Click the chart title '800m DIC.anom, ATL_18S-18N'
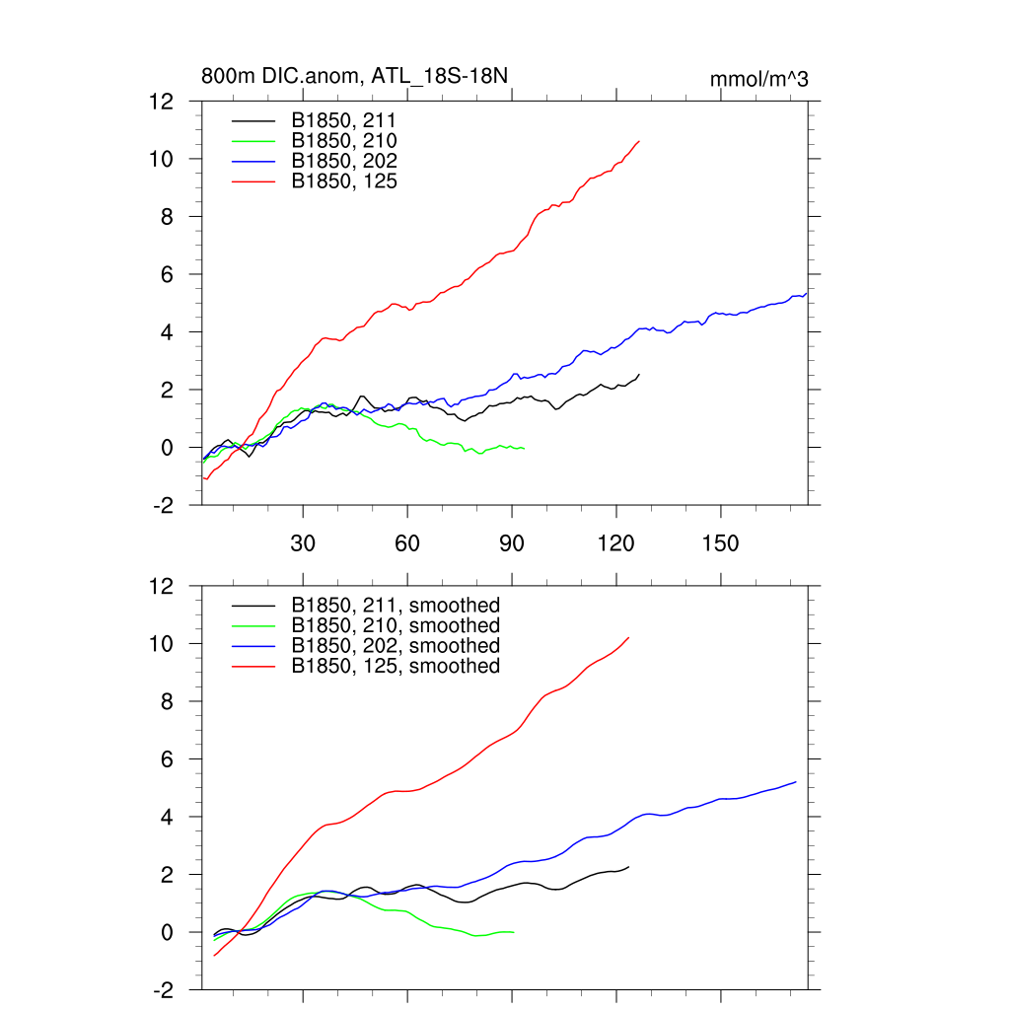click(x=355, y=76)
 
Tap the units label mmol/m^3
click(x=758, y=79)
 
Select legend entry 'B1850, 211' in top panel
click(x=344, y=120)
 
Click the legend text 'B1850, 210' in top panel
click(x=344, y=141)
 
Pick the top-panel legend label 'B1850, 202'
click(x=344, y=161)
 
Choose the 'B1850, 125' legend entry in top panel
click(x=344, y=180)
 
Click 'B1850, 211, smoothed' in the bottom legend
click(x=396, y=605)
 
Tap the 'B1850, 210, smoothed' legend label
click(x=396, y=625)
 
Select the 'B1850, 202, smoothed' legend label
click(x=396, y=645)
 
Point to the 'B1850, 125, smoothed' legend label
click(x=396, y=666)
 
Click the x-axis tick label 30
click(x=303, y=544)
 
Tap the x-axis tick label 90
click(x=512, y=544)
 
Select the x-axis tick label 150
click(x=720, y=544)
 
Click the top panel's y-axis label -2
click(x=163, y=505)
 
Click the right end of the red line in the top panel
click(x=639, y=141)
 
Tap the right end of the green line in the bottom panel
click(x=514, y=931)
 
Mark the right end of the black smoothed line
click(x=628, y=867)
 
